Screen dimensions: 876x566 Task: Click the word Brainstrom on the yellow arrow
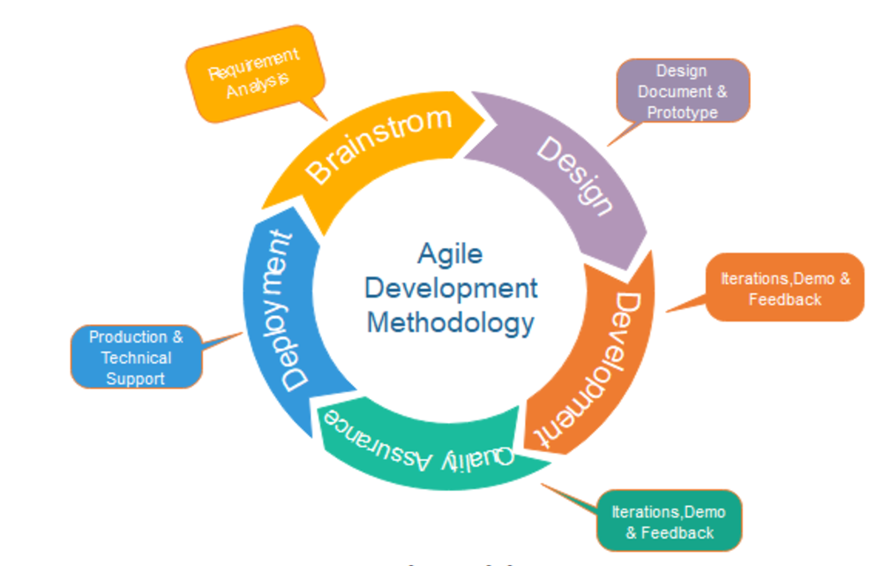pyautogui.click(x=378, y=144)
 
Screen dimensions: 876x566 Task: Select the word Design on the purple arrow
pyautogui.click(x=575, y=176)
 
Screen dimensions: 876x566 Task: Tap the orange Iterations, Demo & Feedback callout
pyautogui.click(x=784, y=288)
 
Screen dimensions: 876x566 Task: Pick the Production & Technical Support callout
pyautogui.click(x=137, y=357)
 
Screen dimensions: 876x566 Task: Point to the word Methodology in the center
pyautogui.click(x=450, y=324)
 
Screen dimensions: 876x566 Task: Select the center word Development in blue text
pyautogui.click(x=451, y=289)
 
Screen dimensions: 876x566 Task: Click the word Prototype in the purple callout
pyautogui.click(x=682, y=113)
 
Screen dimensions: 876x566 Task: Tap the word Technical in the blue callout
pyautogui.click(x=137, y=358)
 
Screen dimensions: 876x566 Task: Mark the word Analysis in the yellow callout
pyautogui.click(x=258, y=87)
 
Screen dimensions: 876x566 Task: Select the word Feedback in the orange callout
pyautogui.click(x=785, y=300)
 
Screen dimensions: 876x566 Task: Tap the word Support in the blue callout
pyautogui.click(x=135, y=379)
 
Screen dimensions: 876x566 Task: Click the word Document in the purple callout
pyautogui.click(x=675, y=92)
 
